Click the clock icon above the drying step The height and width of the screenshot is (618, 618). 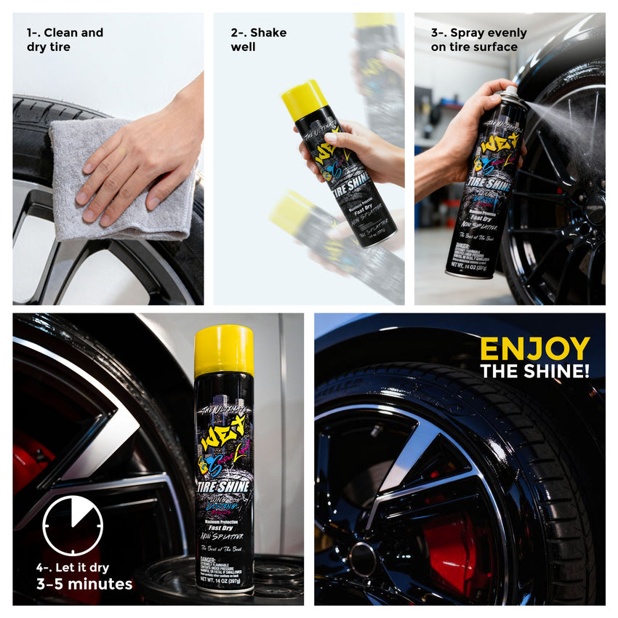pyautogui.click(x=73, y=526)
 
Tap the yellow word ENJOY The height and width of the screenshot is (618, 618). pyautogui.click(x=534, y=349)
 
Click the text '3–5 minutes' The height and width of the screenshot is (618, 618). pyautogui.click(x=84, y=584)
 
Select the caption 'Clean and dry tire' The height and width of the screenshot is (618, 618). pyautogui.click(x=65, y=39)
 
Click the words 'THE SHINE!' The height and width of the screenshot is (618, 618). pyautogui.click(x=534, y=371)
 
